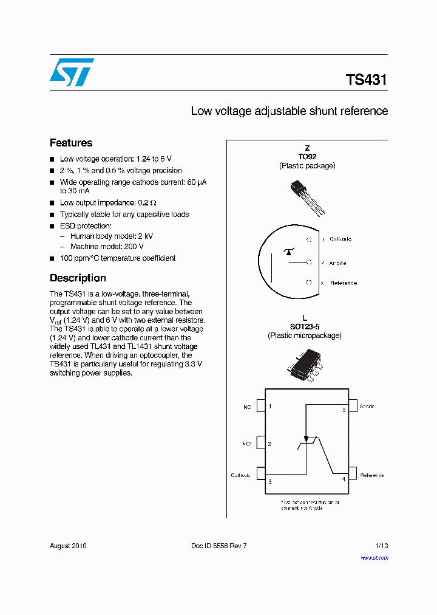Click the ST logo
point(72,72)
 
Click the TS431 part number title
point(366,80)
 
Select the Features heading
point(71,143)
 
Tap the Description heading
point(78,278)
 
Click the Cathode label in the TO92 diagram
point(340,239)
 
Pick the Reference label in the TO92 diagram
point(343,283)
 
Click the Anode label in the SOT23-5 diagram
point(367,406)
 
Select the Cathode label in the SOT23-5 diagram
point(240,475)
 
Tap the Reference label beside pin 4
point(371,475)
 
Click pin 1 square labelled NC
point(261,406)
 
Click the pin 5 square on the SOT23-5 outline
point(352,405)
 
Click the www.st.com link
point(374,557)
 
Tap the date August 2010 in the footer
point(68,546)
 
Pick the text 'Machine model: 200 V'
point(107,247)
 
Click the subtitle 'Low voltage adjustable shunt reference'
point(289,111)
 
